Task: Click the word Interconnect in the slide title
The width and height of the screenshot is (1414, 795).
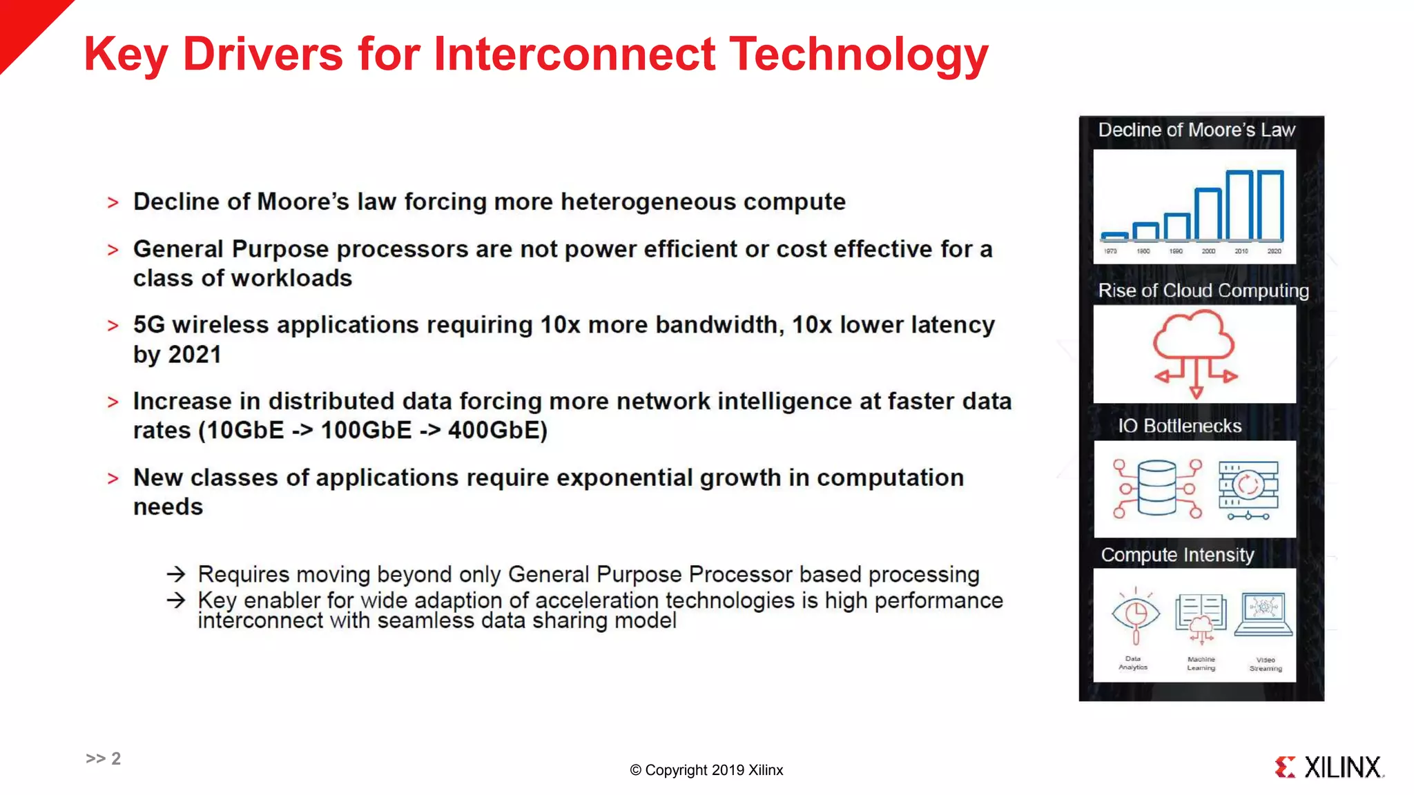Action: click(x=574, y=54)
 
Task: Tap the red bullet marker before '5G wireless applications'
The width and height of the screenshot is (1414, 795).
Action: click(x=113, y=326)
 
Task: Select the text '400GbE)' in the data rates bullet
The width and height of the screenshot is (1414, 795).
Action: click(x=497, y=431)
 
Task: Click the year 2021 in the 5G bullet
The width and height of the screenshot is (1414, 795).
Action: click(x=195, y=355)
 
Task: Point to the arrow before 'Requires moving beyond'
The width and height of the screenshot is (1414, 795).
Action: click(x=176, y=574)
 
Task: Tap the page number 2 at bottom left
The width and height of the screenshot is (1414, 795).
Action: click(x=116, y=758)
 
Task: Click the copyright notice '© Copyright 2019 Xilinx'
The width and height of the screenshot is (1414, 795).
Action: click(x=706, y=770)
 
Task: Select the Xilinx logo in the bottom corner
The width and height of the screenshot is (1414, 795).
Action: click(x=1329, y=767)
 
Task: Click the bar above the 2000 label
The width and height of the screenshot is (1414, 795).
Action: click(x=1208, y=214)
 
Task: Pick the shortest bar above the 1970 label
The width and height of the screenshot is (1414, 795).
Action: click(x=1114, y=236)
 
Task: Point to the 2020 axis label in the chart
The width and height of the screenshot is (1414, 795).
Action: click(x=1274, y=251)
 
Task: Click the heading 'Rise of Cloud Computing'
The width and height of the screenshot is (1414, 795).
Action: click(x=1203, y=291)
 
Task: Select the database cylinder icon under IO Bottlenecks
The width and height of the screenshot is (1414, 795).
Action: click(x=1156, y=489)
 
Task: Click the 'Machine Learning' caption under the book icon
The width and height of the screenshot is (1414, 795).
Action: click(x=1201, y=663)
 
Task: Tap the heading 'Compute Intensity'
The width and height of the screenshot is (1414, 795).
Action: click(x=1177, y=555)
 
